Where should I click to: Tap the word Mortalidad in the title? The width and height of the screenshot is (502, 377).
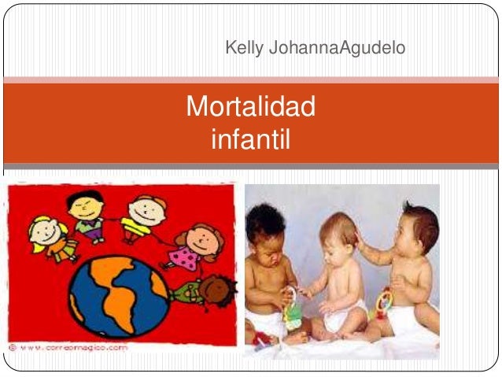250,106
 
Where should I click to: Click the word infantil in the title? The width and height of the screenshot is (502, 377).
250,139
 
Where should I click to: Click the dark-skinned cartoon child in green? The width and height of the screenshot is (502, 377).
201,292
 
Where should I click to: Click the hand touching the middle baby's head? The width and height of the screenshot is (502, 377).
359,237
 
